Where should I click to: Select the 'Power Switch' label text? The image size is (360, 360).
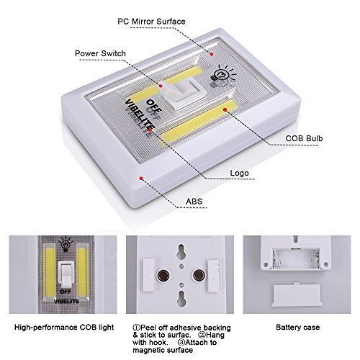[x=100, y=53]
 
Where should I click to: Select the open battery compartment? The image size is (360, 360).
[x=294, y=256]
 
